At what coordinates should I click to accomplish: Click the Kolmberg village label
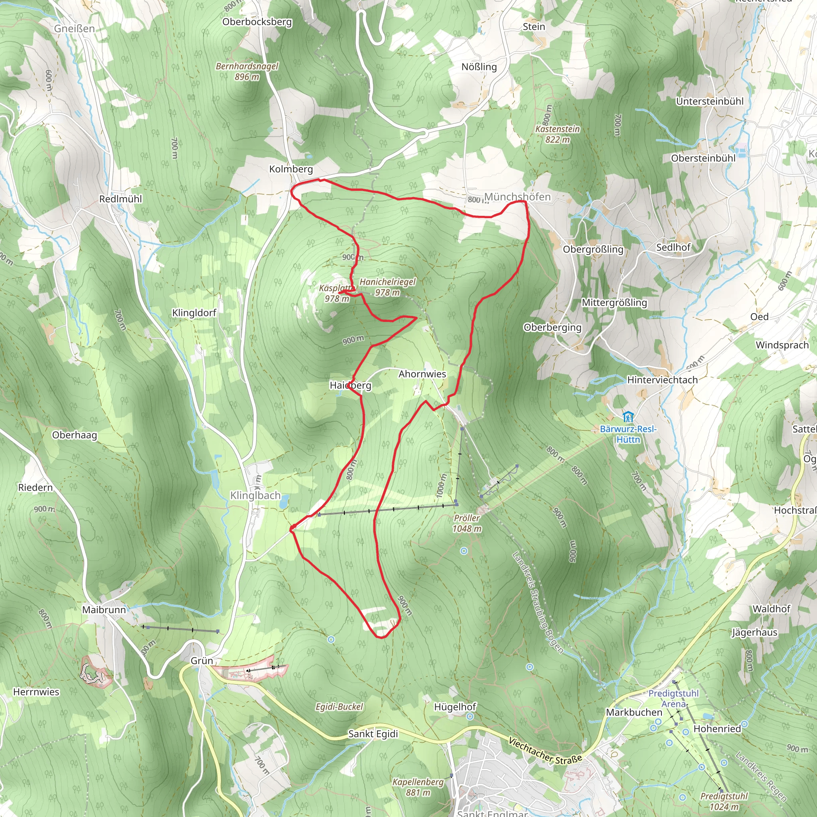click(291, 169)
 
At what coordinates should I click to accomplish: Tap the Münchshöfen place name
click(517, 197)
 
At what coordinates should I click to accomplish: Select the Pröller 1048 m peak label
click(467, 523)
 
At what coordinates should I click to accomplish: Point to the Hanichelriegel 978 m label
click(387, 287)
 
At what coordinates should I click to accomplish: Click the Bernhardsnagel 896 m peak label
click(247, 71)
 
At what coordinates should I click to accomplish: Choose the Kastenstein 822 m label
click(557, 134)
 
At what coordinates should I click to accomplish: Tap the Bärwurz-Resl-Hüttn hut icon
click(628, 416)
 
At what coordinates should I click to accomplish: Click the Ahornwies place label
click(422, 374)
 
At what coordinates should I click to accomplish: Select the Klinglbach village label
click(255, 495)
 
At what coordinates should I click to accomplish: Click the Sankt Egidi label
click(373, 734)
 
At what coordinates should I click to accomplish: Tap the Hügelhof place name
click(455, 707)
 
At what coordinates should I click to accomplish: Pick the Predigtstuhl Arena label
click(673, 699)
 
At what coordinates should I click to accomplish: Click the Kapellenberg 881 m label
click(418, 787)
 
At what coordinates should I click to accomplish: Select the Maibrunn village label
click(104, 610)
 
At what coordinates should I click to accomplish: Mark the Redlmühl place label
click(120, 199)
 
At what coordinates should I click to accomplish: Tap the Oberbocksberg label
click(257, 22)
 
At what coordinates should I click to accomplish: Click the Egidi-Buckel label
click(339, 706)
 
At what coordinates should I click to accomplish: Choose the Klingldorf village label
click(194, 312)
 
